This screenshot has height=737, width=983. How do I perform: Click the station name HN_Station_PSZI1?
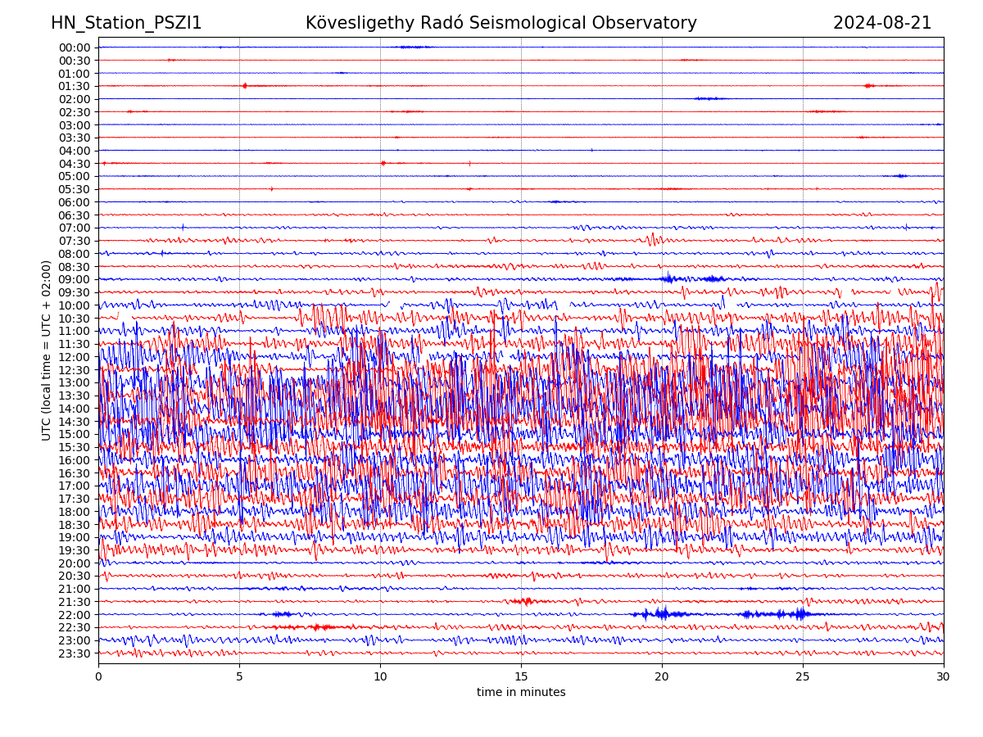tap(126, 23)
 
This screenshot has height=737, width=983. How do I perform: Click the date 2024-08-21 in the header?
tap(882, 23)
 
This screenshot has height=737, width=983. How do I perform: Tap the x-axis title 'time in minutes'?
tap(521, 692)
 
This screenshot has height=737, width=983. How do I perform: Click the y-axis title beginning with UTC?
tap(47, 350)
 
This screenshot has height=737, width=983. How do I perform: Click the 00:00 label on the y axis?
tap(75, 47)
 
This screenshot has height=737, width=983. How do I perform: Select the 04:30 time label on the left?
tap(75, 164)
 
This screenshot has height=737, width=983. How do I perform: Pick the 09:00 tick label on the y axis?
tap(75, 279)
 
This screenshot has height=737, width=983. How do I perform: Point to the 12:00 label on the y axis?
tap(75, 357)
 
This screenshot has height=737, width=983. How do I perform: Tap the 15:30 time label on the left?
tap(75, 447)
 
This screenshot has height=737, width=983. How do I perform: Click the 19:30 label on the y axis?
tap(75, 550)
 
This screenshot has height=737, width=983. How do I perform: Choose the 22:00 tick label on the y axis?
tap(75, 615)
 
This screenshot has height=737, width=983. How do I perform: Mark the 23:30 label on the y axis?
tap(75, 653)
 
